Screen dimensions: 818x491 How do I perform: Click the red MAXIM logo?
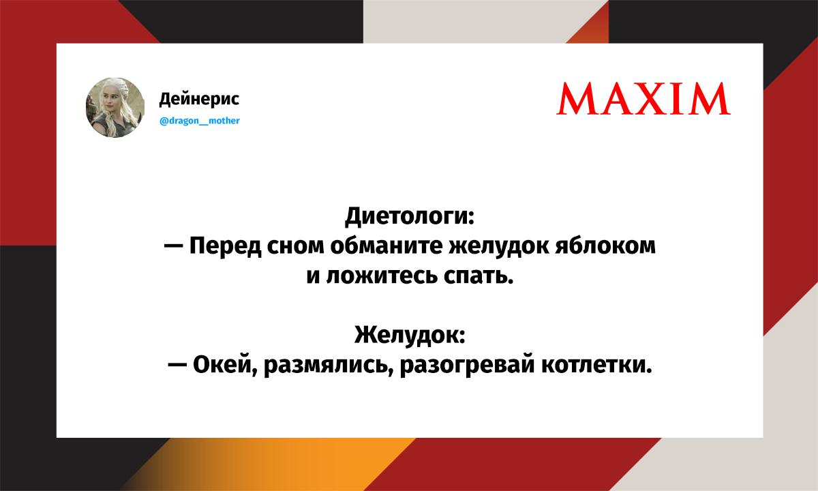643,99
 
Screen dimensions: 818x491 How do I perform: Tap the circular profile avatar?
115,108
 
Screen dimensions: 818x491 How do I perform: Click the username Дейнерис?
199,99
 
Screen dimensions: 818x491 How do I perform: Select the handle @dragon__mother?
199,121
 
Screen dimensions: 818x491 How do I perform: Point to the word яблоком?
605,245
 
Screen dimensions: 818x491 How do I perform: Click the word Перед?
226,246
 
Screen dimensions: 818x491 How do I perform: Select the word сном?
295,246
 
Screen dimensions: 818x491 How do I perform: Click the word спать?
479,277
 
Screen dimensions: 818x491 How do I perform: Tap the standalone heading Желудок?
410,335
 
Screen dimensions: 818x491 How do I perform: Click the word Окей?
223,365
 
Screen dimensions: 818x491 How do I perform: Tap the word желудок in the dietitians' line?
498,246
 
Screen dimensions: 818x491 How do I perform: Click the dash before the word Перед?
173,247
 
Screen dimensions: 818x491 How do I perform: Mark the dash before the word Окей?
177,365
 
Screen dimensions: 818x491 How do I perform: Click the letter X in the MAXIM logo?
652,99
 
